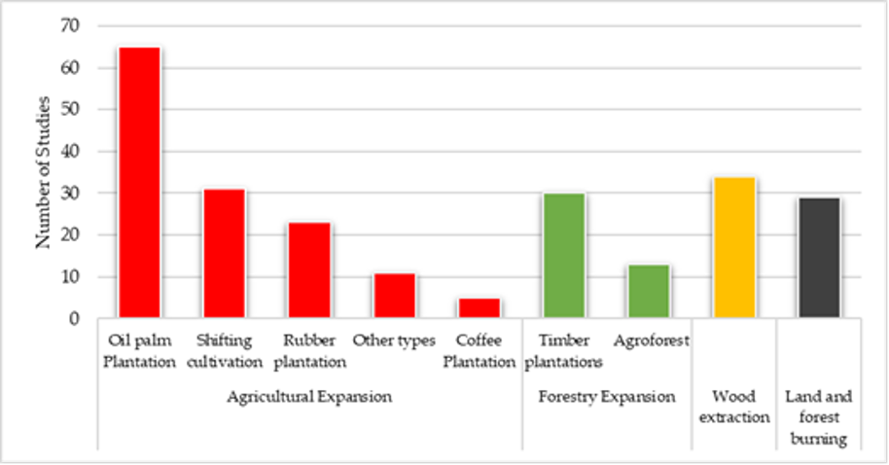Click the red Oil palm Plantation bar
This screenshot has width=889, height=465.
139,183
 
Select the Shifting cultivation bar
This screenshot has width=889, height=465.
224,254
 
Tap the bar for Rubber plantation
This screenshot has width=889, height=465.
309,270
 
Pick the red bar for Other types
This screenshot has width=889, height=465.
394,296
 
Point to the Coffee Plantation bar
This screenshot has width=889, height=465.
479,308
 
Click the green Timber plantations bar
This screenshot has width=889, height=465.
564,256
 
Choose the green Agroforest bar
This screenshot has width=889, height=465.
649,292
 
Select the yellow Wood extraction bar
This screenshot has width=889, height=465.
734,248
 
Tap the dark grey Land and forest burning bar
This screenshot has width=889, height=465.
819,258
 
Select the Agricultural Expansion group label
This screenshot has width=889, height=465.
308,397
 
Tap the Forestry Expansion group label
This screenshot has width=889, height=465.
607,397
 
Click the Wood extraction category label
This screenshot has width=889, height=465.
734,407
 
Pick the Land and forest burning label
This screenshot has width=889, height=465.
819,417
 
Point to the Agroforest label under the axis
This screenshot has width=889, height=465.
651,341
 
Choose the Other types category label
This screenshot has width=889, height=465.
394,341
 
